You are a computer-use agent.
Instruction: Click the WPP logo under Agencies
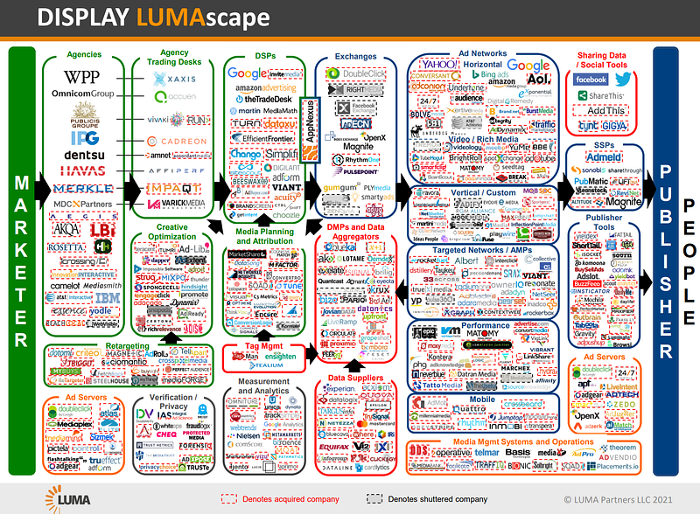pos(83,77)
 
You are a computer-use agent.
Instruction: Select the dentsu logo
pos(83,156)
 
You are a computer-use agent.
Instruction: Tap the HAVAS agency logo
pos(83,171)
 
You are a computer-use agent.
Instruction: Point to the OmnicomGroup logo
pos(84,93)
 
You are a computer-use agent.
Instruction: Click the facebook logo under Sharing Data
pos(591,80)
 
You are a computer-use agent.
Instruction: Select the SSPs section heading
pos(605,144)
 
